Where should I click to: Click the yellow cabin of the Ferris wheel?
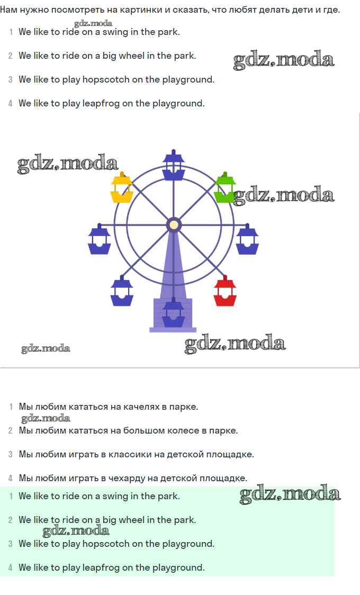(x=121, y=190)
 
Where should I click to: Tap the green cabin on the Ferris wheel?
(x=224, y=190)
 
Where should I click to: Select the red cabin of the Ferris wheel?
(x=224, y=293)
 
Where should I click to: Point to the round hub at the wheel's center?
(x=173, y=224)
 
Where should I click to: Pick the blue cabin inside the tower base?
(x=173, y=315)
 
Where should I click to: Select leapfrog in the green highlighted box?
(x=101, y=567)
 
